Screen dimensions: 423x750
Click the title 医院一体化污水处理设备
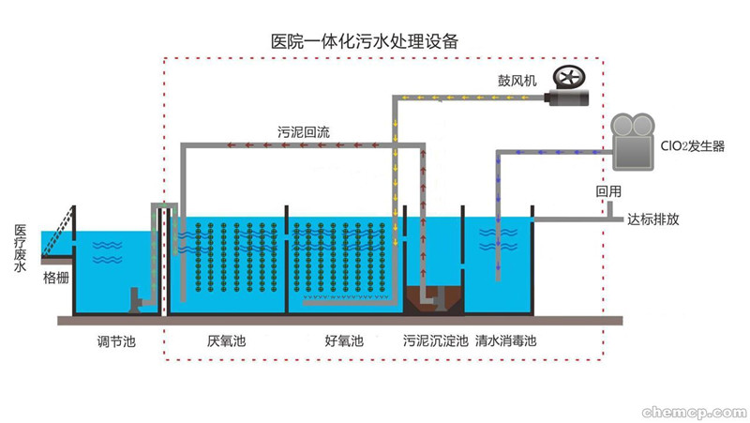(365, 41)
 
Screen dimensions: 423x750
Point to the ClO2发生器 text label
(691, 145)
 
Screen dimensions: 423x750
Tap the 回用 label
(608, 191)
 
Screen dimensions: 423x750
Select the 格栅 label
(56, 279)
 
